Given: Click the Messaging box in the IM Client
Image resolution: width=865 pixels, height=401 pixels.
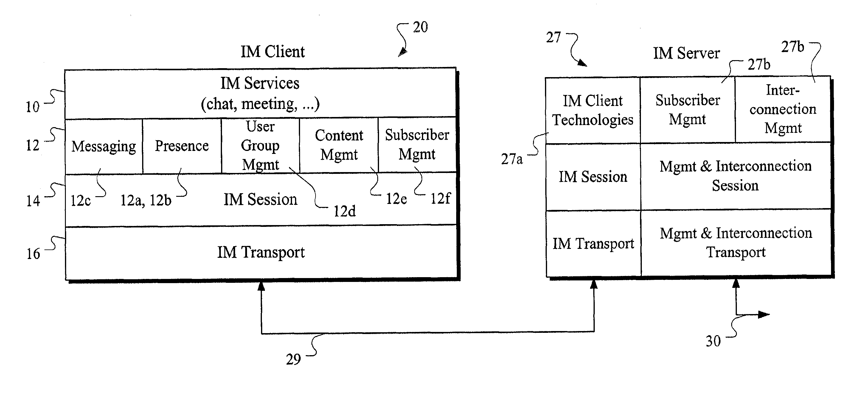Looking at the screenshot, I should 104,146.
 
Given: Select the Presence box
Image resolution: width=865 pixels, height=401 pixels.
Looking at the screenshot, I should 182,146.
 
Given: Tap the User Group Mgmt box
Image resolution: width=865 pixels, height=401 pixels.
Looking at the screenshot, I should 260,145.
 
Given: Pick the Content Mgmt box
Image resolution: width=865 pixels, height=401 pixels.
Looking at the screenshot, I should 339,145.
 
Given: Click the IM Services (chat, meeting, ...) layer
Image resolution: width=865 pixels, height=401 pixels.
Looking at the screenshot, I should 260,93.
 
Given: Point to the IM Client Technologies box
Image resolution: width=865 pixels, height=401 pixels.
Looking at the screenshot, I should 593,110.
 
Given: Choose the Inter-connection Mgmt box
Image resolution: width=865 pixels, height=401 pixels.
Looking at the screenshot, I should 783,109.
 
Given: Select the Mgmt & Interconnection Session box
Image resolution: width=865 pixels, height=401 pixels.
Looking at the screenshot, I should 735,176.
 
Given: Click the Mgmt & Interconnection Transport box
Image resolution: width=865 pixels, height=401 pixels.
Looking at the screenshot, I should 736,243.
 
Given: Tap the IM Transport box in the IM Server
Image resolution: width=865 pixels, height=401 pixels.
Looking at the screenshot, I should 593,243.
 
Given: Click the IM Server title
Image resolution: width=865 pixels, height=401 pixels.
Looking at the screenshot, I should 686,53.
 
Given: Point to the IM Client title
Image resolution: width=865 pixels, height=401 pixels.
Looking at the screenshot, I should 273,52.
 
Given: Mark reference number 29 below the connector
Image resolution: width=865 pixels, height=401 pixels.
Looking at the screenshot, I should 293,359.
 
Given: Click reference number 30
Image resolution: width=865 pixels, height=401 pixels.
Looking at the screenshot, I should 713,341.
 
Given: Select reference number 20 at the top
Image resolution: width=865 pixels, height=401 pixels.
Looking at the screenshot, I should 420,27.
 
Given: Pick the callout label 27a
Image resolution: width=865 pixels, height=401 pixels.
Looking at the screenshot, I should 512,159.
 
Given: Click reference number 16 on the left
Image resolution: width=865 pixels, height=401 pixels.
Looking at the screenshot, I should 33,254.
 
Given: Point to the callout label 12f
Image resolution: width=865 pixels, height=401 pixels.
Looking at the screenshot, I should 440,198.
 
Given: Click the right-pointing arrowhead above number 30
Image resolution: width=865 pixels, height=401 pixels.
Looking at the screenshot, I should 765,314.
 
